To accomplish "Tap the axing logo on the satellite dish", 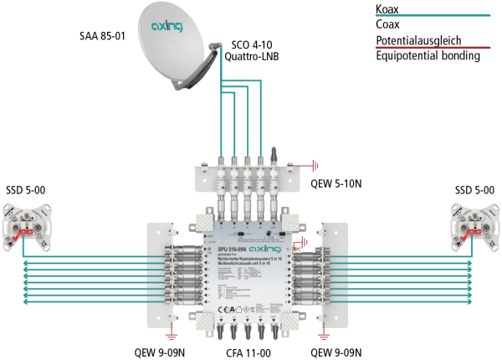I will pos(166,27).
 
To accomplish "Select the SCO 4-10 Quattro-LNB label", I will pos(253,49).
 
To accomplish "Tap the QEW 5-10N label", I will pos(339,183).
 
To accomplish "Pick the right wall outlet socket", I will pos(471,224).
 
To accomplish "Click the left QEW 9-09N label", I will pos(175,352).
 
